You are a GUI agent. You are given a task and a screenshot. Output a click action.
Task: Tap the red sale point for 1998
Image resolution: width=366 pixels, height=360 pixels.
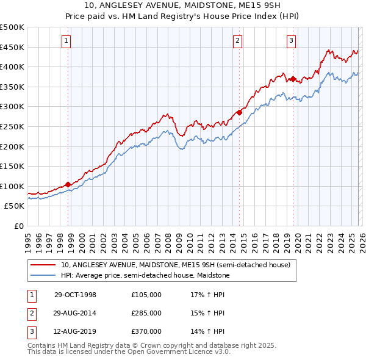[x=68, y=184]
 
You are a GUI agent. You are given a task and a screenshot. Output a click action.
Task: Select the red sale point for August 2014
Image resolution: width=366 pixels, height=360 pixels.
[x=240, y=112]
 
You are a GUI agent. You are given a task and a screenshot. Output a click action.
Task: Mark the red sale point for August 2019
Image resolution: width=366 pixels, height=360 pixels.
[x=293, y=79]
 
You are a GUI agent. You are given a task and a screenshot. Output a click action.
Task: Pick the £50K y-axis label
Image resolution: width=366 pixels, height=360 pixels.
[x=15, y=206]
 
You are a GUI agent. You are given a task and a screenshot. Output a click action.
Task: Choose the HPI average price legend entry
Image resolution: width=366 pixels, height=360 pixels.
[x=145, y=276]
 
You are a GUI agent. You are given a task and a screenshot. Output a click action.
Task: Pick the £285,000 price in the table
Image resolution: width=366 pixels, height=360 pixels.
[x=146, y=313]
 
